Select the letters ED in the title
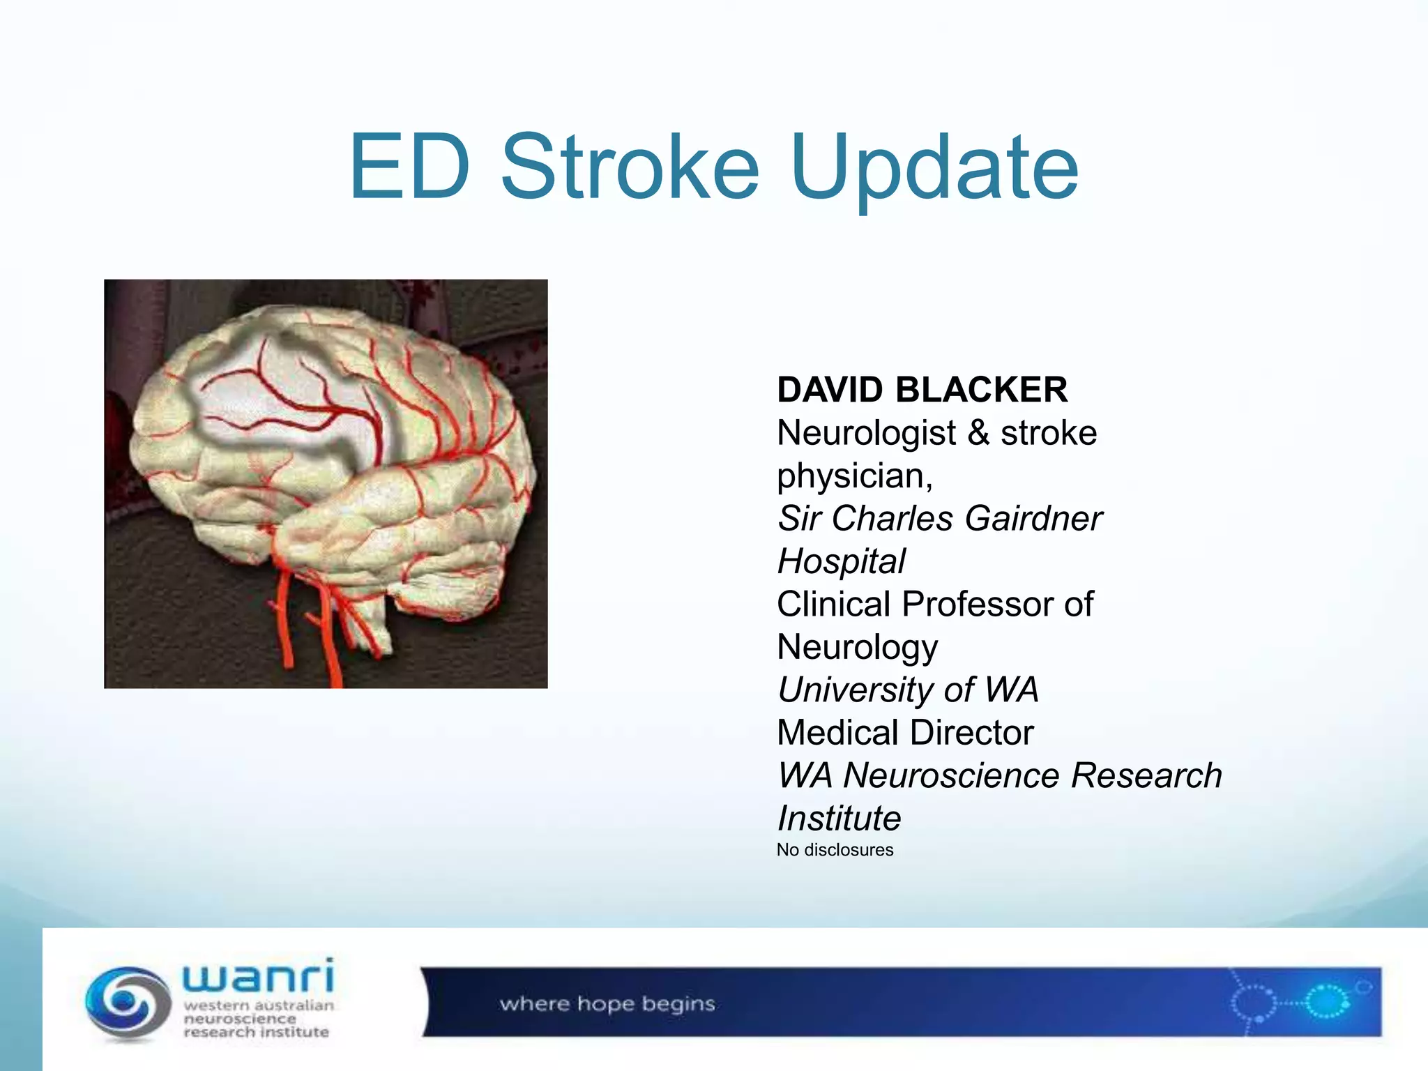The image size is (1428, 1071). pos(409,167)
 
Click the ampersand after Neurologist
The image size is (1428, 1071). pos(978,433)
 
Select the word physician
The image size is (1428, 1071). pos(854,477)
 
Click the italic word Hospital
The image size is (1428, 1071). pos(841,562)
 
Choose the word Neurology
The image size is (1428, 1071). pos(857,648)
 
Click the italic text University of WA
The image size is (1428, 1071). pos(908,690)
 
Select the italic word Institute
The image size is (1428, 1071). pos(839,819)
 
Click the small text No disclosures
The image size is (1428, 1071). pos(835,850)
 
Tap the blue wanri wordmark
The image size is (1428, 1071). pos(258,975)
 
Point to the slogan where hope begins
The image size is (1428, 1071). pos(607,1004)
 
